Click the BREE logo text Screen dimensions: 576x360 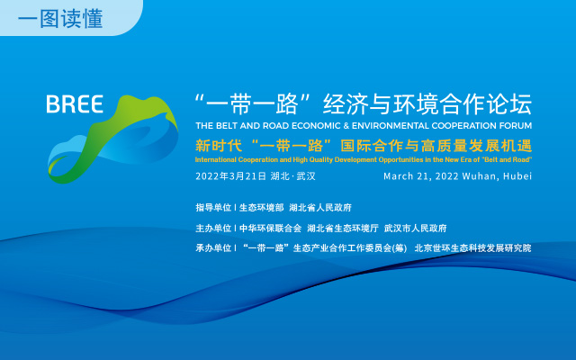tap(75, 104)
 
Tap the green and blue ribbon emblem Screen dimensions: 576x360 tap(113, 139)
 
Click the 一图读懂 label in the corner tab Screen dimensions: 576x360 tap(60, 18)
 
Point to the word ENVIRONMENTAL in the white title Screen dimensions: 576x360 tap(391, 126)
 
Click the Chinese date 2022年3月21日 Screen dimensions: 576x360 tap(230, 176)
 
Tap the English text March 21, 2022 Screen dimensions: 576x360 tap(421, 176)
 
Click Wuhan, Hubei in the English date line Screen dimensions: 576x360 tap(497, 176)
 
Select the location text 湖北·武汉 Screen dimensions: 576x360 tap(292, 176)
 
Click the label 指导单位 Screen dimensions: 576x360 tap(213, 208)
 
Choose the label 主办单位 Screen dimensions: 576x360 tap(213, 228)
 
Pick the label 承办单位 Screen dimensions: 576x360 tap(213, 248)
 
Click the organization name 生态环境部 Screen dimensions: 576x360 tap(261, 208)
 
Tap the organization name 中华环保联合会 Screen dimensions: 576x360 tap(270, 228)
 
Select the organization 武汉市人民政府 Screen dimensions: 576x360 tap(415, 228)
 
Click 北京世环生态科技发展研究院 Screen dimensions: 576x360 tap(472, 248)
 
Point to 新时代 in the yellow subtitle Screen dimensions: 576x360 tap(219, 146)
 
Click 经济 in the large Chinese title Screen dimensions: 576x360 tap(346, 104)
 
